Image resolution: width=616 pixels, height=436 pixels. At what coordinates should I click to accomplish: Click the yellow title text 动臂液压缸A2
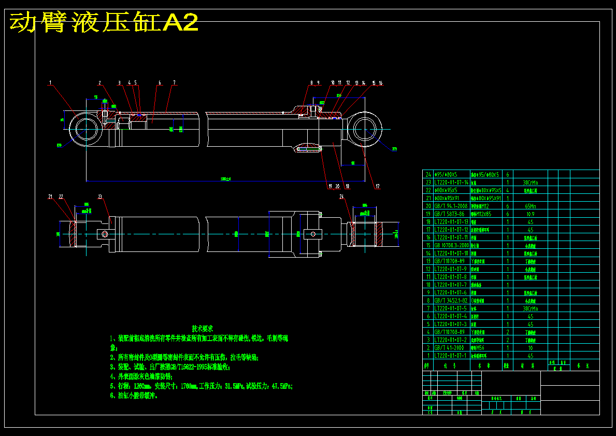(104, 23)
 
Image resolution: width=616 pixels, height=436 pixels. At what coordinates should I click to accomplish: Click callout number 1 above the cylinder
(50, 82)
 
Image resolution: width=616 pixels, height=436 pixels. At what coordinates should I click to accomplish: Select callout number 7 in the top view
(175, 82)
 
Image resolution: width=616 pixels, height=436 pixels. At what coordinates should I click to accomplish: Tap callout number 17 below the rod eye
(377, 186)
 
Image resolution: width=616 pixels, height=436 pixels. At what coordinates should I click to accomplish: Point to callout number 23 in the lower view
(100, 196)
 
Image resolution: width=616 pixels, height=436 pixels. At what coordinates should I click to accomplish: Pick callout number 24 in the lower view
(341, 196)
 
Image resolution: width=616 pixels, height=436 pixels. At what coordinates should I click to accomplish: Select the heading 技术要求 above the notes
(202, 329)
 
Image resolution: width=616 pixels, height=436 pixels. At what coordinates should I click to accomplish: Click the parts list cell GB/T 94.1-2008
(450, 206)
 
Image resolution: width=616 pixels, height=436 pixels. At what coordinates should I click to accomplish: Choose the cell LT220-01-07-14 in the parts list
(450, 182)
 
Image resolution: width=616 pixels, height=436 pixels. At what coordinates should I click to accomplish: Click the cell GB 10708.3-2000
(450, 245)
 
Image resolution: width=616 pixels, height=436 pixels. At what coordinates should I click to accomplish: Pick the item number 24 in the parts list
(428, 175)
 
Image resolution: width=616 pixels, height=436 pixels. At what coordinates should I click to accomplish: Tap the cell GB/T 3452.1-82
(450, 300)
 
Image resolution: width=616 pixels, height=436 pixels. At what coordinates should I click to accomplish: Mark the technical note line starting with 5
(205, 386)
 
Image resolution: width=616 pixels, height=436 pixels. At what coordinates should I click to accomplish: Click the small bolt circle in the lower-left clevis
(106, 234)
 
